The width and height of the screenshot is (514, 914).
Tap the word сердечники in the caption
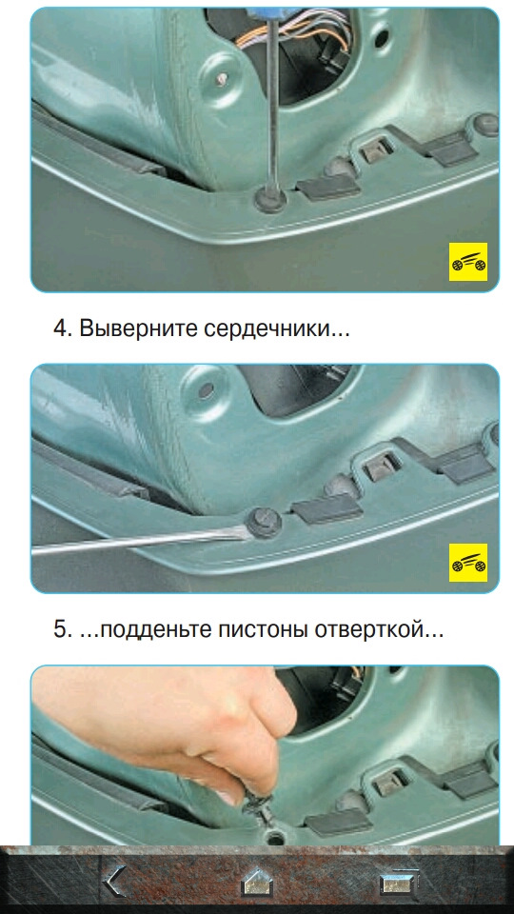269,329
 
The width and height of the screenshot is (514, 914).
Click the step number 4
61,328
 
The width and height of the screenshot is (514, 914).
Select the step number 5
61,629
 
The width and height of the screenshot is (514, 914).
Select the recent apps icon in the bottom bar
400,882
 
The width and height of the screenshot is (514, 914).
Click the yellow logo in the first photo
468,262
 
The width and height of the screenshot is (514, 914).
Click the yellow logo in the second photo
468,563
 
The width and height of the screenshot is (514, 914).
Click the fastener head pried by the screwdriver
263,523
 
